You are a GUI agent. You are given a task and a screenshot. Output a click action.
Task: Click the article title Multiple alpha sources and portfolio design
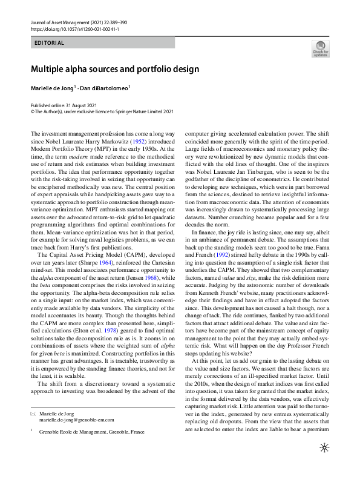click(x=114, y=69)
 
